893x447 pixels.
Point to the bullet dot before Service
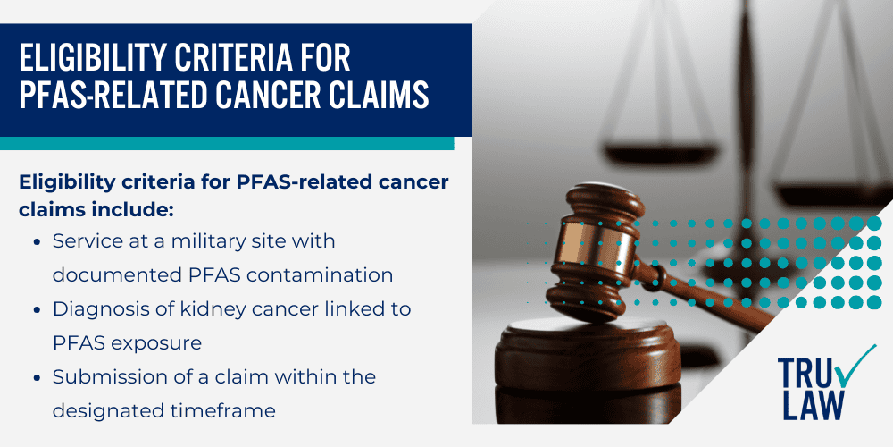pos(36,241)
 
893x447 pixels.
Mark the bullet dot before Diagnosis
pos(36,309)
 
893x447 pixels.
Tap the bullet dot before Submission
pos(36,377)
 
